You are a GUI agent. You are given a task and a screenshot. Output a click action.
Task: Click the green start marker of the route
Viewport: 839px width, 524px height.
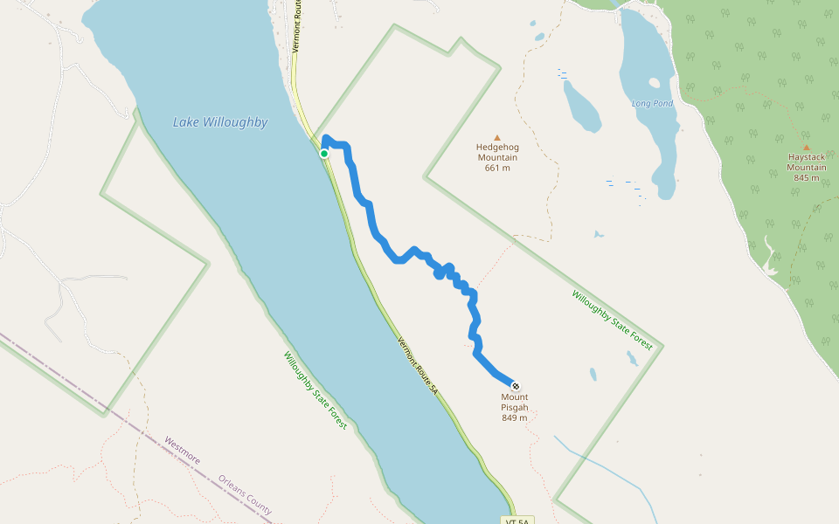point(324,154)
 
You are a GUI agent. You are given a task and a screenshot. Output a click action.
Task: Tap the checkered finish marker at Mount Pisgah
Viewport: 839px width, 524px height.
point(516,385)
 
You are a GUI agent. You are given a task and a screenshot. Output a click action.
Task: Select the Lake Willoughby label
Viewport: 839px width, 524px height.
point(220,122)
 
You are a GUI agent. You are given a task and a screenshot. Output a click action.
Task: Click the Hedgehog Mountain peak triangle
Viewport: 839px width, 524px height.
point(497,137)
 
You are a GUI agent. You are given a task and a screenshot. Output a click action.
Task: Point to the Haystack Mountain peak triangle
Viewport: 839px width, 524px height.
point(806,148)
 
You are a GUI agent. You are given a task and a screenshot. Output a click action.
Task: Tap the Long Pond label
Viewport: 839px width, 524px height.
point(653,104)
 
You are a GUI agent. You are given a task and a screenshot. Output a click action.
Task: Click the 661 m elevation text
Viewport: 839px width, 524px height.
point(497,168)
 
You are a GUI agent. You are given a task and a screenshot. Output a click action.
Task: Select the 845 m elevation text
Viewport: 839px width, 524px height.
point(806,177)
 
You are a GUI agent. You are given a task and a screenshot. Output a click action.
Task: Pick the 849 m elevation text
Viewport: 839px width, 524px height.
point(515,417)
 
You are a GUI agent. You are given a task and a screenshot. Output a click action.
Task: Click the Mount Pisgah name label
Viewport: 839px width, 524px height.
point(515,402)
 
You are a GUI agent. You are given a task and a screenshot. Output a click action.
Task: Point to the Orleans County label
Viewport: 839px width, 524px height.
point(246,495)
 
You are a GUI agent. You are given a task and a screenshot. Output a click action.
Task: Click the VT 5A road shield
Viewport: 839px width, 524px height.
point(518,521)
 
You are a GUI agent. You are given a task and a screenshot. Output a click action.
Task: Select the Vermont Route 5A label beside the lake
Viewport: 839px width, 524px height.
point(417,363)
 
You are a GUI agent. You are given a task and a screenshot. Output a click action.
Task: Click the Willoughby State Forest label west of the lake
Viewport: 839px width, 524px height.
point(315,391)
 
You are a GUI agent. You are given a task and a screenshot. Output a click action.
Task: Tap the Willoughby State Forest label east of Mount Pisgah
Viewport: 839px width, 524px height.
point(613,321)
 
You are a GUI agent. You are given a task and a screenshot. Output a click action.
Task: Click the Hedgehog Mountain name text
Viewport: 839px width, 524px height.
point(497,152)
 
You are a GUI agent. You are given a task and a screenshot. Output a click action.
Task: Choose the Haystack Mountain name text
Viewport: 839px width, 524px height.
point(806,162)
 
